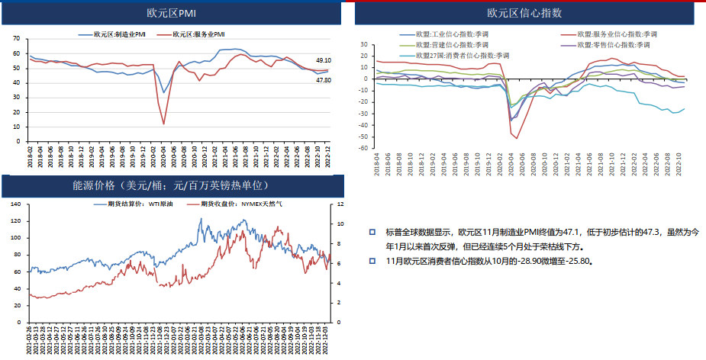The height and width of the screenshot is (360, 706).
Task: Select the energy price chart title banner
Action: pyautogui.click(x=170, y=185)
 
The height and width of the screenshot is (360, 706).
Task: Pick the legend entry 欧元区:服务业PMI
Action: pyautogui.click(x=198, y=34)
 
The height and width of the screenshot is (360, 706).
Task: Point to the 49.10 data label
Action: pyautogui.click(x=323, y=60)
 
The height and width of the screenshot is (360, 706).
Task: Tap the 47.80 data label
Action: pyautogui.click(x=323, y=80)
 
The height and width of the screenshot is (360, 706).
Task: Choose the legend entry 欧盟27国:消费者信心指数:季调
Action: pyautogui.click(x=459, y=56)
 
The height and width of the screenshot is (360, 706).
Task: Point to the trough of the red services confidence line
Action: pyautogui.click(x=517, y=138)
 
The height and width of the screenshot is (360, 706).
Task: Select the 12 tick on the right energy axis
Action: pyautogui.click(x=339, y=205)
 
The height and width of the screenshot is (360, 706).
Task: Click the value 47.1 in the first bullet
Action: pyautogui.click(x=572, y=232)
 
